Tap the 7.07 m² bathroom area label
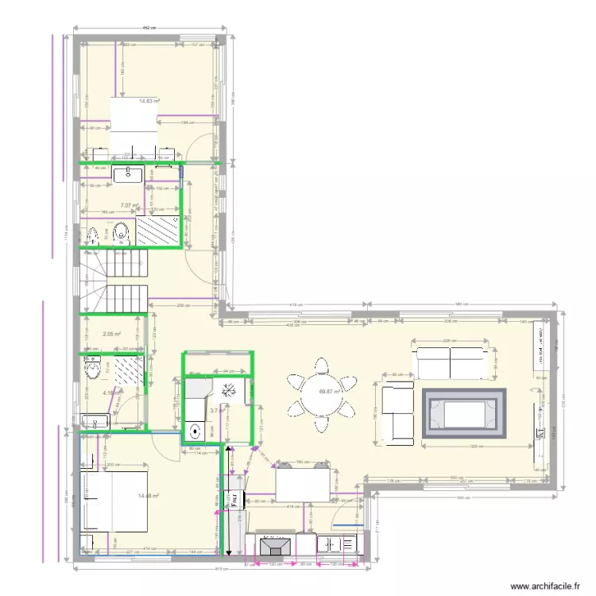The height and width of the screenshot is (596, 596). [x=129, y=205]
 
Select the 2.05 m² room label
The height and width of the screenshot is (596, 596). [x=111, y=334]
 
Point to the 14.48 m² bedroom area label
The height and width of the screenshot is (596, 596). [x=149, y=496]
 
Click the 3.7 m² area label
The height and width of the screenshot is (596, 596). [x=214, y=411]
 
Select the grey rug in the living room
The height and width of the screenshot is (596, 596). [x=465, y=413]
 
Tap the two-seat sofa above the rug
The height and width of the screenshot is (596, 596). [x=451, y=362]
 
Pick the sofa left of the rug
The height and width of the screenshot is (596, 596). [x=397, y=412]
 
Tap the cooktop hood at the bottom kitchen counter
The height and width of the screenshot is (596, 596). [x=277, y=547]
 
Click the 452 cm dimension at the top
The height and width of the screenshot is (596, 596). [x=148, y=27]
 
